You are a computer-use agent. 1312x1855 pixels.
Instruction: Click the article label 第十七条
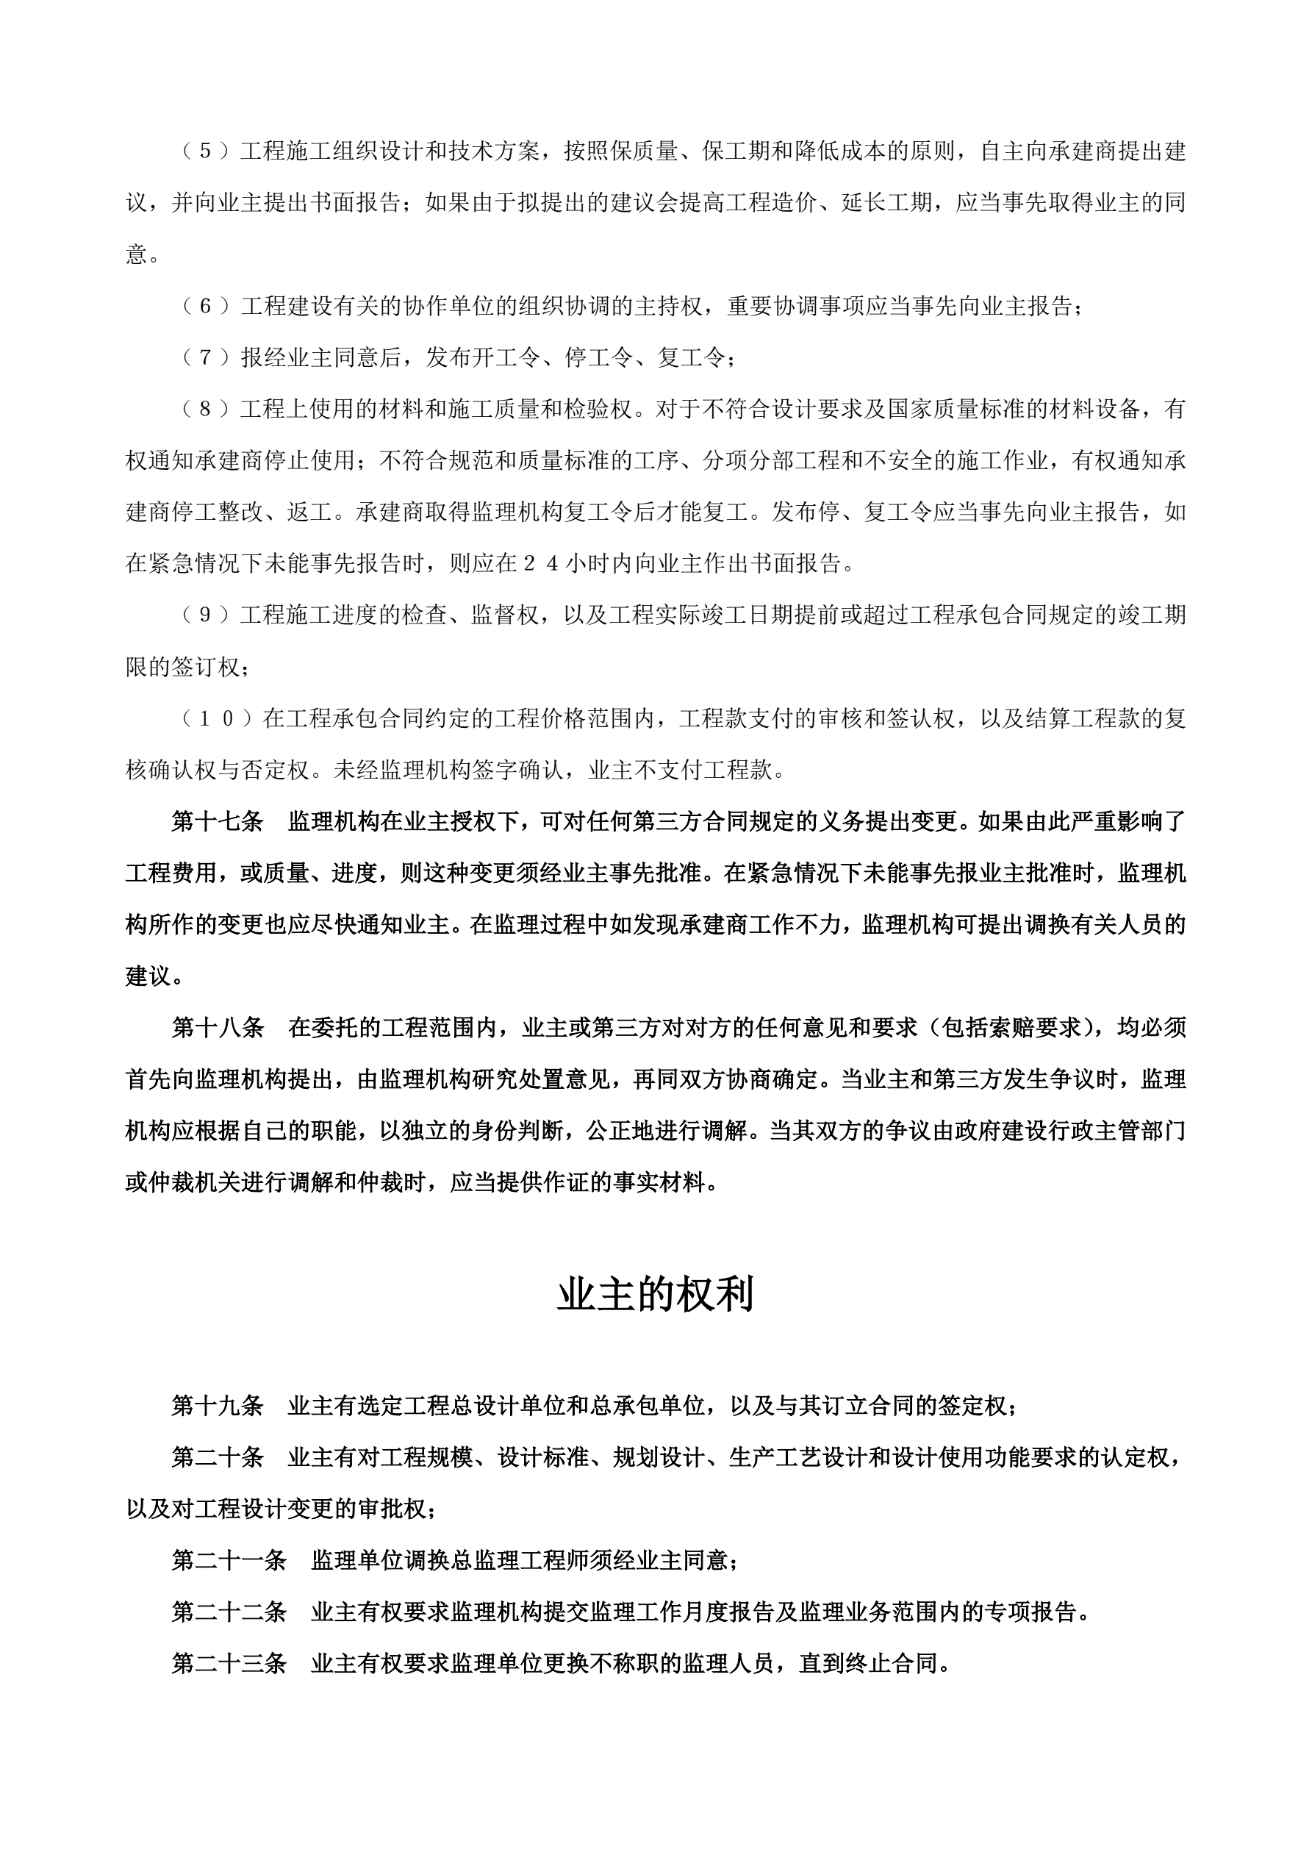[218, 822]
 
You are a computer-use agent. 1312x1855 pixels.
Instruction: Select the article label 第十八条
[218, 1028]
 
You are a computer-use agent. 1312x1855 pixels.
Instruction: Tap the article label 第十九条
[218, 1406]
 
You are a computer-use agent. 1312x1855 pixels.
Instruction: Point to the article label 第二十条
[218, 1457]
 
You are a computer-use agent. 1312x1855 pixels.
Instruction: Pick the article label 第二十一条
[229, 1560]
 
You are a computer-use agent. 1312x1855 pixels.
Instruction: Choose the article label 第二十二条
[229, 1612]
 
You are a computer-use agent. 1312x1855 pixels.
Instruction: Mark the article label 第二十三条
[229, 1664]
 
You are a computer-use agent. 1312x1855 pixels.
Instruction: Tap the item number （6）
[205, 306]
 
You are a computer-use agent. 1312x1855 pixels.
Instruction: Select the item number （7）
[205, 358]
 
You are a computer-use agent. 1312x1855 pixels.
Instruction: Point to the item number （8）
[205, 410]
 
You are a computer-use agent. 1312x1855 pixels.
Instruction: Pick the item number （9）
[205, 615]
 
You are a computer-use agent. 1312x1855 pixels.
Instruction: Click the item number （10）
[217, 718]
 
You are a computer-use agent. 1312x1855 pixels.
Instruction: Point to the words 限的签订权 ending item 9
[182, 668]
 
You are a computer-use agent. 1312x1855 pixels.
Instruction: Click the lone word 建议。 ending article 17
[154, 976]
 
